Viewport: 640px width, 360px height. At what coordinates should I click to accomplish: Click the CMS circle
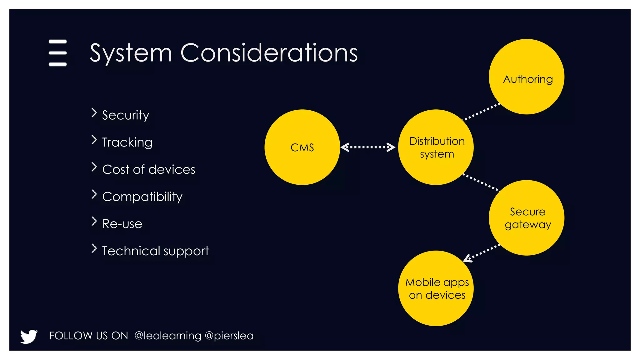point(302,147)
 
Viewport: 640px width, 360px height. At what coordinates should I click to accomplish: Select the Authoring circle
point(527,77)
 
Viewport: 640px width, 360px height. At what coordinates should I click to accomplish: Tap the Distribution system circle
point(436,147)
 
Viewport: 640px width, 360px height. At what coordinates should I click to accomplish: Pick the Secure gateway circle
point(527,218)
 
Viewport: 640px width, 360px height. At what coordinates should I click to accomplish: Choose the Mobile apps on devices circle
point(436,288)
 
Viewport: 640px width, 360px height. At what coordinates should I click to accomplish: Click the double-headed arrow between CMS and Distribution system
point(368,147)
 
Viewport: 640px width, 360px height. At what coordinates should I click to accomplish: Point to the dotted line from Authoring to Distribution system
point(481,112)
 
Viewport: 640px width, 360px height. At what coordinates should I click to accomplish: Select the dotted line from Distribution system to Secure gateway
point(481,182)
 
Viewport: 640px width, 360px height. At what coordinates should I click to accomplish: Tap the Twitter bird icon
point(29,336)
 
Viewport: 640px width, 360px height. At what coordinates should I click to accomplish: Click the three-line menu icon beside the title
point(58,53)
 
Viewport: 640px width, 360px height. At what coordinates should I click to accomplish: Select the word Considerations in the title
point(269,53)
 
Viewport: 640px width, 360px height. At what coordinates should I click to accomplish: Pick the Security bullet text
point(126,115)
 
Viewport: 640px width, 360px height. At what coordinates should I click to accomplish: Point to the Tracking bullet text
point(127,142)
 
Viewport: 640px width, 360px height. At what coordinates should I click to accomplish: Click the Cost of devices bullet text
point(149,169)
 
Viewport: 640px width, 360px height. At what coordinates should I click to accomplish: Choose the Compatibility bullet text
point(142,197)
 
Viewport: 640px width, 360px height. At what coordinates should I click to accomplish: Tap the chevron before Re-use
point(94,221)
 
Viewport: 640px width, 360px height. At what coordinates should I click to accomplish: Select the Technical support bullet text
point(155,251)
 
